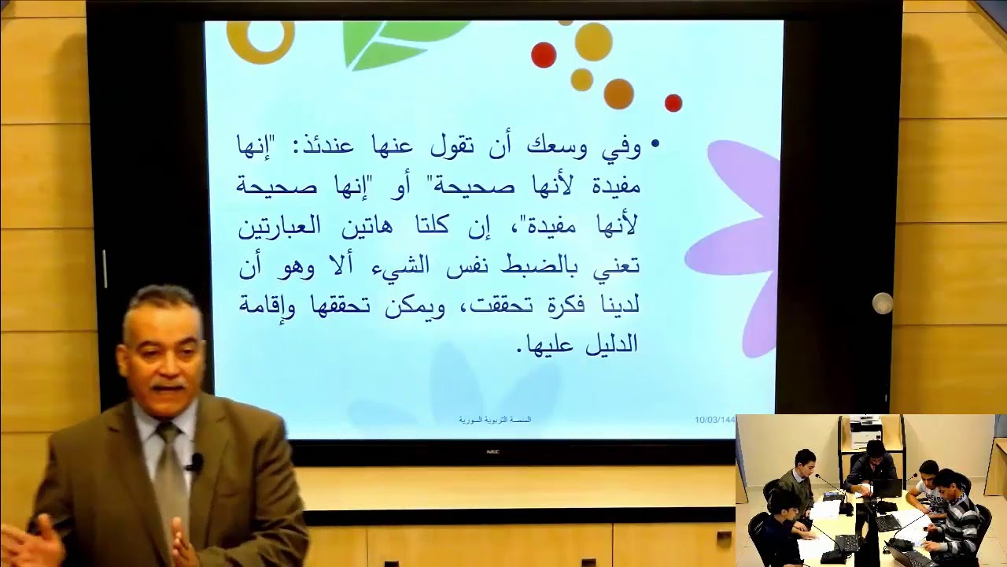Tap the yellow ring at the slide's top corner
pyautogui.click(x=260, y=39)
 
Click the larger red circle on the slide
pyautogui.click(x=544, y=55)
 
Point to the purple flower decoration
pyautogui.click(x=736, y=244)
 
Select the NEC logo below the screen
pyautogui.click(x=493, y=452)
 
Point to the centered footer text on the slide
pyautogui.click(x=495, y=421)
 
